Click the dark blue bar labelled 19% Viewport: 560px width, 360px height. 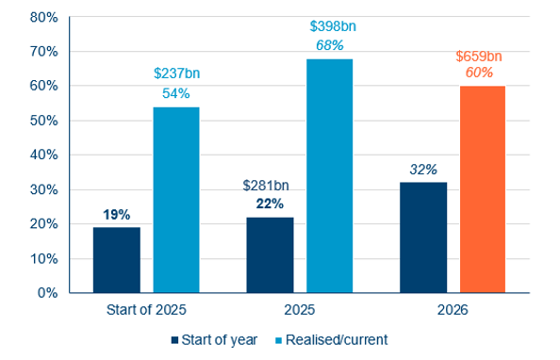click(x=117, y=259)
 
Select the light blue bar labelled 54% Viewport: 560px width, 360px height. click(x=176, y=200)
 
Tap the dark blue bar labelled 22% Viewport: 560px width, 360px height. click(x=270, y=254)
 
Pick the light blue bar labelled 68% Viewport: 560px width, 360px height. click(x=329, y=176)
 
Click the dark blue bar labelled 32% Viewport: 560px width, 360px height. click(x=423, y=237)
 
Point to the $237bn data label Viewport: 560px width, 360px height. click(x=176, y=74)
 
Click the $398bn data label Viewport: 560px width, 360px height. click(x=329, y=25)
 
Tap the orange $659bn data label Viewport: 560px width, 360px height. click(x=483, y=54)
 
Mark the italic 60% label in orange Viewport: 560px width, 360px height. click(x=483, y=72)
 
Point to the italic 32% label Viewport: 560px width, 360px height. click(x=423, y=170)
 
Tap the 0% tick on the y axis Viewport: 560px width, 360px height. click(x=47, y=292)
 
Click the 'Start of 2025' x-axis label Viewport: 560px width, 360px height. click(x=146, y=309)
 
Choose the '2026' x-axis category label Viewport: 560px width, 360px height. click(x=453, y=309)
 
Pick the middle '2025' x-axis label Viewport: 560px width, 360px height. click(x=300, y=309)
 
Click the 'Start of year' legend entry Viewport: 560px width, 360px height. click(x=214, y=338)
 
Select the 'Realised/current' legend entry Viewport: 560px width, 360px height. click(x=334, y=338)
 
